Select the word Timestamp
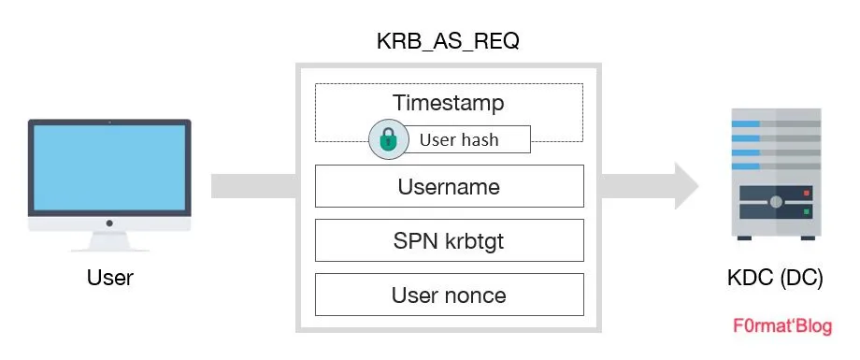tap(449, 102)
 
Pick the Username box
tap(449, 186)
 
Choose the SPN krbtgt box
tap(449, 240)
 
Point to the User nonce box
tap(449, 295)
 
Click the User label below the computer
tap(109, 278)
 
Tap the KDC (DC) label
tap(769, 278)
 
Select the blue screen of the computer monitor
tap(109, 169)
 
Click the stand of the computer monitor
tap(109, 240)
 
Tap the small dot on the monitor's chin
tap(109, 223)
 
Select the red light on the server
tap(805, 194)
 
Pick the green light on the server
tap(805, 212)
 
